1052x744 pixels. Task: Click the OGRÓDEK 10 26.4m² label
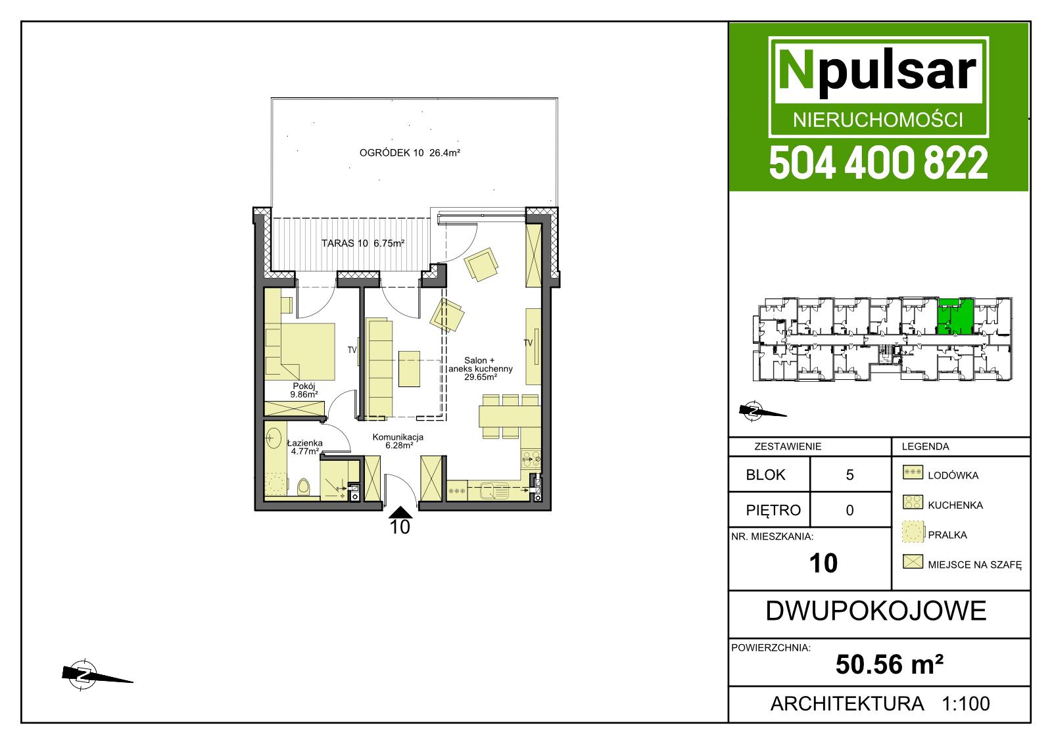[x=410, y=152]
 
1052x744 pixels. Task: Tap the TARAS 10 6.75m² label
[x=362, y=243]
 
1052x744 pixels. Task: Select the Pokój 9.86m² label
[x=304, y=390]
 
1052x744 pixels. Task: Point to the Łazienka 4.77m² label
[x=305, y=447]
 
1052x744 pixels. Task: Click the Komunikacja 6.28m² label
[x=398, y=441]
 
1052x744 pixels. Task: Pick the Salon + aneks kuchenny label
[x=480, y=365]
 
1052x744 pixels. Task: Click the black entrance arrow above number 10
[x=400, y=512]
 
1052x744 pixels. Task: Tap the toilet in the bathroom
[x=304, y=486]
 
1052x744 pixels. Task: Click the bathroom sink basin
[x=272, y=438]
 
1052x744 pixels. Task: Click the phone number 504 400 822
[x=878, y=162]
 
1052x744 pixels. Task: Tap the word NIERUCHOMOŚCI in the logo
[x=878, y=120]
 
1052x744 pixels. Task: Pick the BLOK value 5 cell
[x=850, y=475]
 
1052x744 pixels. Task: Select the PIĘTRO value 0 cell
[x=850, y=510]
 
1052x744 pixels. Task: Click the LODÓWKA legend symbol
[x=913, y=472]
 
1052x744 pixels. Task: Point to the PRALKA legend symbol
[x=913, y=532]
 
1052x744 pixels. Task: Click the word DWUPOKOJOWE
[x=876, y=611]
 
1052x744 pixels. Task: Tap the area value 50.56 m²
[x=890, y=664]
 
